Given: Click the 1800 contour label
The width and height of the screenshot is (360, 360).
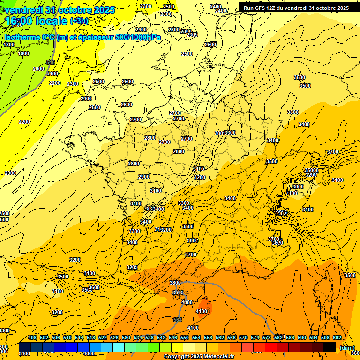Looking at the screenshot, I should pos(9,45).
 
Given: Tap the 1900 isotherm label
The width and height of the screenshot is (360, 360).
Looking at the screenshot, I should pos(23,53).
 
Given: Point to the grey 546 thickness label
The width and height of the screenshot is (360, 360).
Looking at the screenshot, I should pos(51,62).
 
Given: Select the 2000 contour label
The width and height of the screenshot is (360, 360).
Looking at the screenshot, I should pos(38,69).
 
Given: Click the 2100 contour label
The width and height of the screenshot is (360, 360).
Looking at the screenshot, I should pos(52,74).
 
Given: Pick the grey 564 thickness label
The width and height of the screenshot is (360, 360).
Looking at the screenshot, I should pos(178,320).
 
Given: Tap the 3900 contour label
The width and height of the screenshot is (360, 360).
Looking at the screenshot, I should pos(178,292).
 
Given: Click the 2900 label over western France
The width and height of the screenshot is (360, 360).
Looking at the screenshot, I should pos(144,177).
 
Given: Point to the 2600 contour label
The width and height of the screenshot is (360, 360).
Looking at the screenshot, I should pos(127,105).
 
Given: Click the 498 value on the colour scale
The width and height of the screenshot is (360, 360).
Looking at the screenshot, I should pos(32,337).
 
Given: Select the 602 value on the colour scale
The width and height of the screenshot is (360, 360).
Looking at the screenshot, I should pos(337,337).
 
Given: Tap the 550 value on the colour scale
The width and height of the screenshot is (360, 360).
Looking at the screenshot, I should pos(185,337).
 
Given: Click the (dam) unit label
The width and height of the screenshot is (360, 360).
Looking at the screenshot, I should pos(347,348).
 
